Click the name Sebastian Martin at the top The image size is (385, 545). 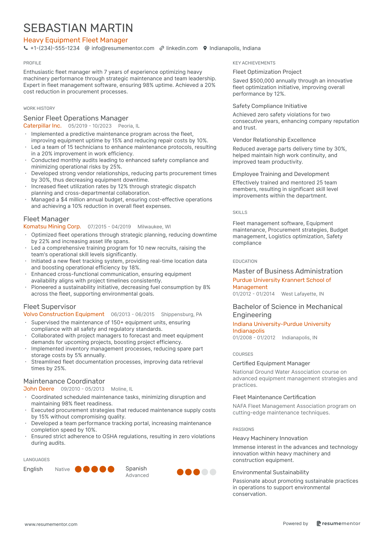click(x=78, y=28)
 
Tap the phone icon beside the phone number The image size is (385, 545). click(x=26, y=48)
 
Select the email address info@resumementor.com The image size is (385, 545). click(x=123, y=48)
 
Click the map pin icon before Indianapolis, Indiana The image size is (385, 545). click(x=205, y=48)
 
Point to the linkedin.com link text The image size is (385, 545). click(x=182, y=48)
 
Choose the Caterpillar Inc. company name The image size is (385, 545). click(x=42, y=126)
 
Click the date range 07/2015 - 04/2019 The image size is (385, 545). click(x=109, y=227)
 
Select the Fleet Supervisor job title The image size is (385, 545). click(x=50, y=307)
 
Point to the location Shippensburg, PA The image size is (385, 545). click(x=181, y=314)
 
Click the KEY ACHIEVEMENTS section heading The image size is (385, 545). click(x=254, y=63)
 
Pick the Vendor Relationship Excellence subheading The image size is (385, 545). click(x=274, y=140)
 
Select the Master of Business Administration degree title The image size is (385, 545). click(x=288, y=271)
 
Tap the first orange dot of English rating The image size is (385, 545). click(x=78, y=469)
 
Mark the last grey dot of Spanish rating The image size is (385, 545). click(x=213, y=472)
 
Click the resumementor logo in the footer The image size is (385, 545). click(x=338, y=524)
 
